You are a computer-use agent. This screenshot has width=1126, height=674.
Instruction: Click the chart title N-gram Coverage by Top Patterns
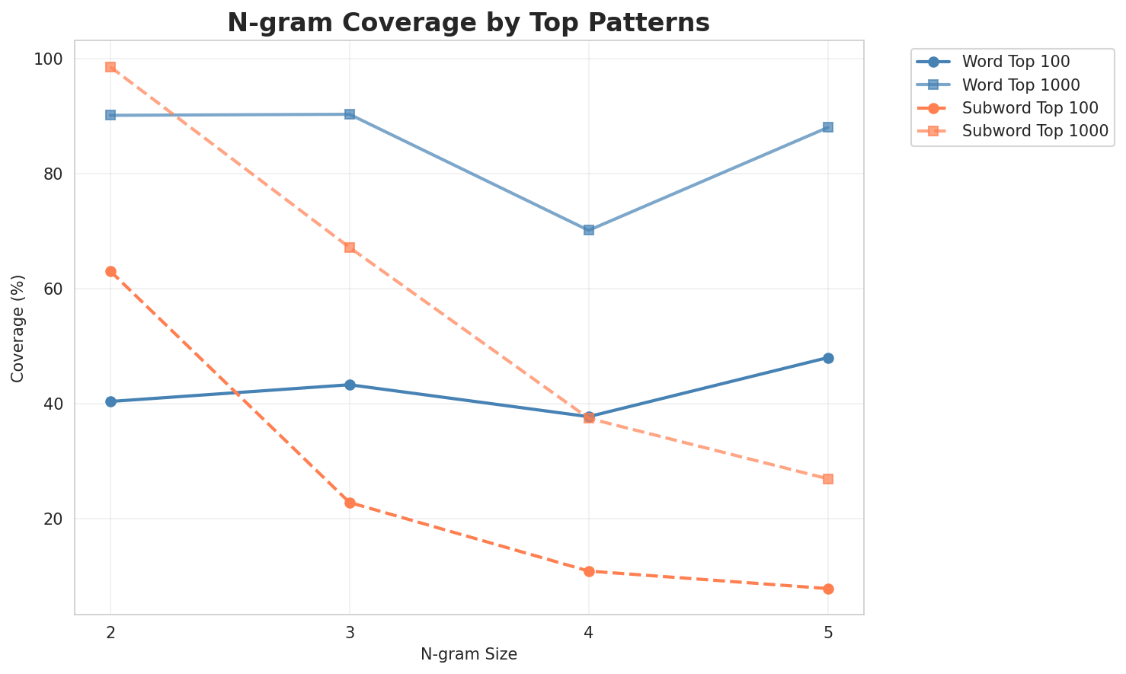click(x=469, y=23)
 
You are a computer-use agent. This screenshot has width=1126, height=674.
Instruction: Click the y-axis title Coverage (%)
click(x=18, y=327)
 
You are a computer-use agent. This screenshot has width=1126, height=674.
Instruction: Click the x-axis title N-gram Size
click(x=469, y=654)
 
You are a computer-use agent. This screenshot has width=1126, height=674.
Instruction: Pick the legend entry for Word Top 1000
click(x=1021, y=84)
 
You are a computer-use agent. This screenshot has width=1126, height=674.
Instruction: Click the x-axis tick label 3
click(x=350, y=631)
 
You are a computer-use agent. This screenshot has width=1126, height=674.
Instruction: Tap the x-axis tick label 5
click(x=828, y=631)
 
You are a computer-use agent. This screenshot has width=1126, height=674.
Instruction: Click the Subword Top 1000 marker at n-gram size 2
click(x=110, y=67)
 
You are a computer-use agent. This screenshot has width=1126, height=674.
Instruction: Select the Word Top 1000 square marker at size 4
click(x=589, y=230)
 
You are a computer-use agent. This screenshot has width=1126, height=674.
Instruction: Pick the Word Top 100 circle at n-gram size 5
click(x=828, y=358)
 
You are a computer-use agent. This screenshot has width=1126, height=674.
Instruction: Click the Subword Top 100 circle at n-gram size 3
click(x=350, y=503)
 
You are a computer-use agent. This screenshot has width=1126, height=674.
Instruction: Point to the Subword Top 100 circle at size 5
click(x=828, y=589)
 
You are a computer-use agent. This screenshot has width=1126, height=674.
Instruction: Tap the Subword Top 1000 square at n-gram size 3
click(x=350, y=248)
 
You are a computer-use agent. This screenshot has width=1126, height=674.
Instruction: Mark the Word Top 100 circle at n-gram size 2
click(x=110, y=401)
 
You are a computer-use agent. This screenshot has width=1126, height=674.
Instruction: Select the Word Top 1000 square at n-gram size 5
click(x=828, y=127)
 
